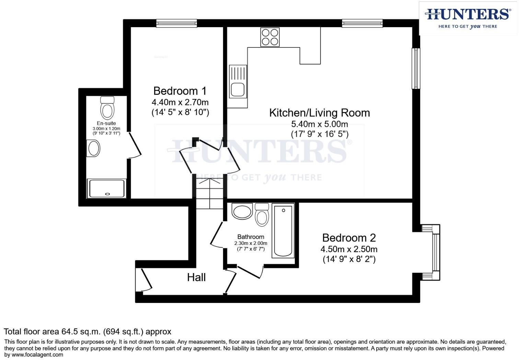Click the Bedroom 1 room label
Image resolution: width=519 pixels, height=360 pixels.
pos(180,91)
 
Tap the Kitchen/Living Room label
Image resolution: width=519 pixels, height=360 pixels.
pos(319,113)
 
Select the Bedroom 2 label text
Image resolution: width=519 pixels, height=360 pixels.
pos(349,238)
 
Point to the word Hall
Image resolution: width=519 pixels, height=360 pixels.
pos(196,278)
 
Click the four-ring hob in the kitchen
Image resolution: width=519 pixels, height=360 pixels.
pos(270,37)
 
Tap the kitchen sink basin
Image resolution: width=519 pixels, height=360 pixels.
pos(237,89)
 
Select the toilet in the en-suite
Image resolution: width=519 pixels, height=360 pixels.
pos(107,108)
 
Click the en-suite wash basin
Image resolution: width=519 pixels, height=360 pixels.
pos(93,149)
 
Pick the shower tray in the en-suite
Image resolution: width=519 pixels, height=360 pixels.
pos(107,189)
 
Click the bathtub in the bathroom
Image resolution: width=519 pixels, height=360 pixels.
pos(283,230)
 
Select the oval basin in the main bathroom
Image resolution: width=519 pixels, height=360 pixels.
pos(242,211)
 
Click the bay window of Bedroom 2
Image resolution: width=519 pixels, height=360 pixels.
pos(435,252)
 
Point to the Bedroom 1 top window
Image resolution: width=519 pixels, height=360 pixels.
pos(176,23)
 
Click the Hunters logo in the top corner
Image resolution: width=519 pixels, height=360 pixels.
pos(468,18)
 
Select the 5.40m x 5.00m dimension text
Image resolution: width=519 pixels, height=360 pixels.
pos(319,124)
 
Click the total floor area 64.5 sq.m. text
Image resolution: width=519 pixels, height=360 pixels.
pos(87,332)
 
